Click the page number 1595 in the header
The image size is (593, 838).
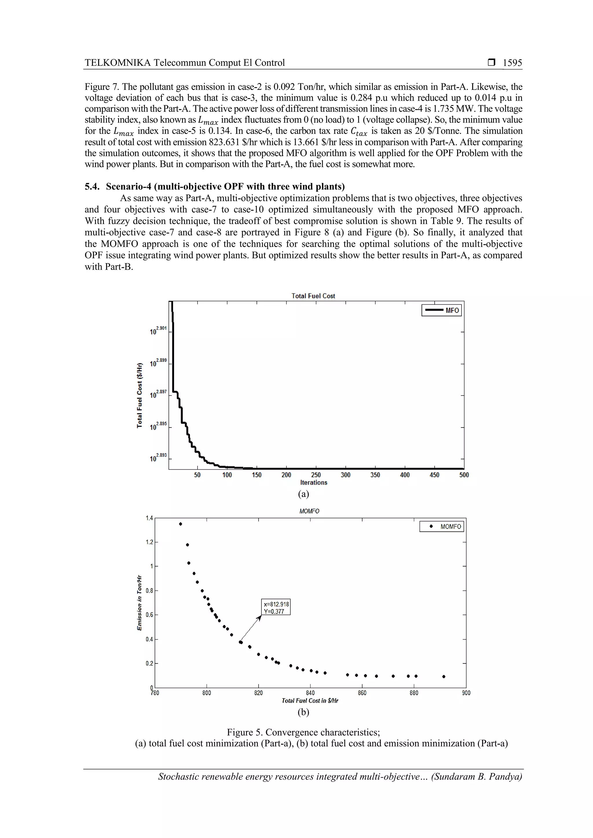click(x=512, y=63)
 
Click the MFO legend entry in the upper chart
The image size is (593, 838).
click(x=442, y=310)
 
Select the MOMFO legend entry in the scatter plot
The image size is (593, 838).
click(x=442, y=527)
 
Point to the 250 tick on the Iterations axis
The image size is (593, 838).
click(x=316, y=475)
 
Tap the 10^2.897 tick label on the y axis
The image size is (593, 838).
click(x=158, y=394)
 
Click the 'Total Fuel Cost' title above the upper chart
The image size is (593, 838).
click(x=313, y=296)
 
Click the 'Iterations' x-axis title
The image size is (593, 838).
click(x=313, y=482)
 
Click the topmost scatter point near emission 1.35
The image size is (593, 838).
click(x=180, y=524)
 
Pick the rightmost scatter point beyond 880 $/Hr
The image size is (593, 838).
click(x=444, y=676)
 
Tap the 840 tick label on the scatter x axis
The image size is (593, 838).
click(x=310, y=693)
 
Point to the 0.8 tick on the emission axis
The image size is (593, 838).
click(x=150, y=591)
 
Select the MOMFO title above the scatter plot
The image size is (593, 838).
click(x=309, y=511)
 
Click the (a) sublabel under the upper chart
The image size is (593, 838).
click(x=303, y=494)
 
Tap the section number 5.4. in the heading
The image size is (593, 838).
click(x=92, y=187)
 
